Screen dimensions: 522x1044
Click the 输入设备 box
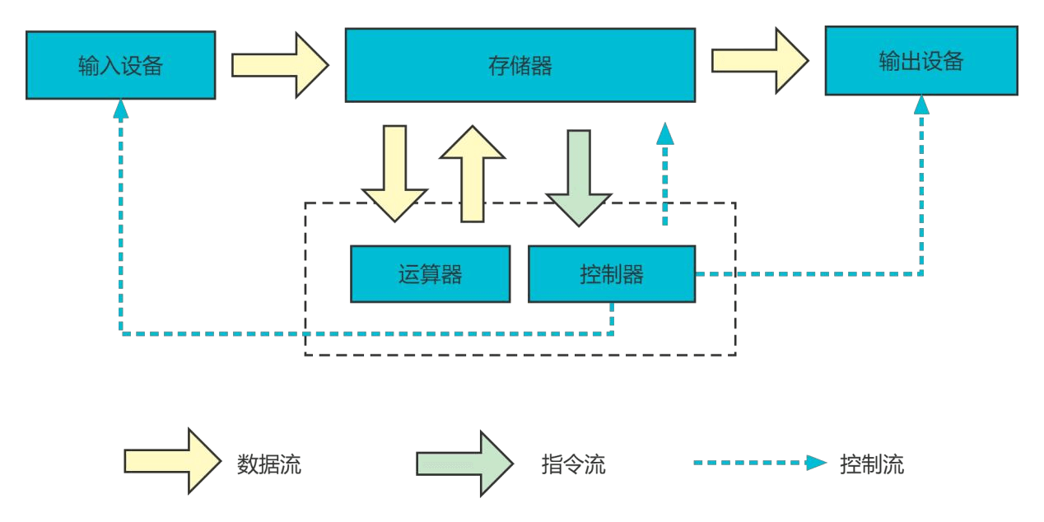tap(120, 65)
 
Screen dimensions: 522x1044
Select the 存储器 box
tap(520, 65)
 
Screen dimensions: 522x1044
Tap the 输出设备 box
tap(920, 61)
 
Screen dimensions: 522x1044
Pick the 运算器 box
tap(430, 274)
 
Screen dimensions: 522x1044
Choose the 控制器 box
tap(611, 274)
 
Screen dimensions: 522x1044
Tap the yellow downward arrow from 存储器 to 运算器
tap(395, 174)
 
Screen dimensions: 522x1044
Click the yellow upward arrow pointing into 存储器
tap(472, 174)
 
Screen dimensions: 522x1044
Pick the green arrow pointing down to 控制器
tap(579, 178)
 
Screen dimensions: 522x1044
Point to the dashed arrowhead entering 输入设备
tap(121, 109)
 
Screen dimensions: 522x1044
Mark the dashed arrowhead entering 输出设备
tap(921, 105)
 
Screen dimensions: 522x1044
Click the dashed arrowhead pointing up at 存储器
tap(664, 133)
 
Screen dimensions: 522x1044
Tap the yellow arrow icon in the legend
tap(172, 461)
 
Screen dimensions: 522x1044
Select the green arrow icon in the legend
tap(464, 464)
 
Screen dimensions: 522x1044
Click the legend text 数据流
tap(269, 464)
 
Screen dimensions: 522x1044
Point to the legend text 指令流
tap(573, 464)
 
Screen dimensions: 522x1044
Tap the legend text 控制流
tap(871, 464)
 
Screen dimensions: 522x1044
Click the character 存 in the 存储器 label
tap(499, 66)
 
